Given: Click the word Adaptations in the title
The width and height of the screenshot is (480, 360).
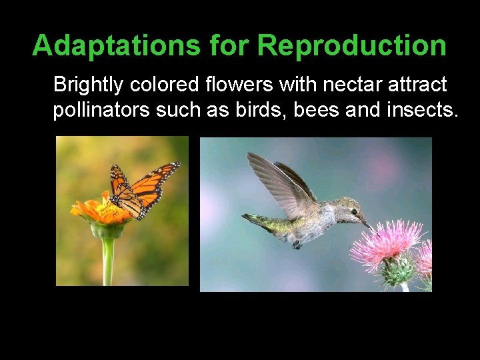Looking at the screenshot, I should tap(116, 45).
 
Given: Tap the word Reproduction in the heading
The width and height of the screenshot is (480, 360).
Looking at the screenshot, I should tap(352, 45).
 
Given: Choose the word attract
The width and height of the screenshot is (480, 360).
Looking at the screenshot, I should tap(414, 85).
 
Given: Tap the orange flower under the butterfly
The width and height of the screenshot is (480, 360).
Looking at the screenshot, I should tap(100, 212).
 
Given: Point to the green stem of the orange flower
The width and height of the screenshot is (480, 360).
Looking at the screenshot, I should tap(107, 260).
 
